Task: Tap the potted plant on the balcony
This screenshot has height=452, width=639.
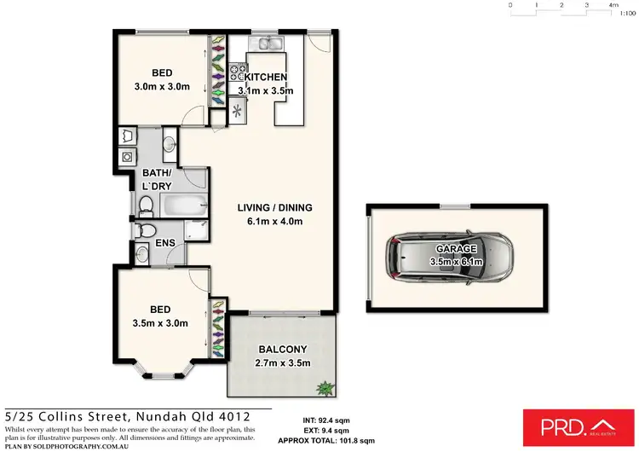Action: pos(324,388)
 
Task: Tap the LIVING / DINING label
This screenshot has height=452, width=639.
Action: pos(273,207)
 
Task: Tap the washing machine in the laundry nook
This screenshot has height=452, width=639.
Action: pos(127,157)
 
